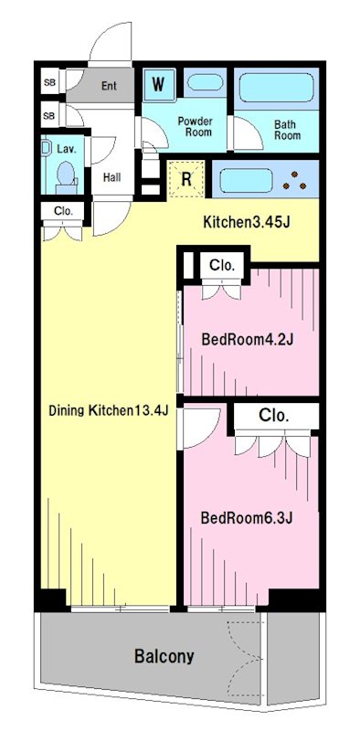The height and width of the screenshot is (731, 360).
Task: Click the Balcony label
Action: [164, 656]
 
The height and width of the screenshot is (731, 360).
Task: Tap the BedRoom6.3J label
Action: [247, 518]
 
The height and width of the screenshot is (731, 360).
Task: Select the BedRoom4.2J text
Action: [247, 339]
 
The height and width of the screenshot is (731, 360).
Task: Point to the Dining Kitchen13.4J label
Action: [109, 410]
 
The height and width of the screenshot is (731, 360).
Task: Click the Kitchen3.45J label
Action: [247, 222]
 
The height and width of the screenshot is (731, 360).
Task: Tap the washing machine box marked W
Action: [159, 84]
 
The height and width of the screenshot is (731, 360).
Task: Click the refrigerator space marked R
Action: [185, 179]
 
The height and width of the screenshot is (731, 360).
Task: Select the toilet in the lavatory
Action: [66, 176]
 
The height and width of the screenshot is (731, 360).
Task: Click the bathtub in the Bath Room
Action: [277, 88]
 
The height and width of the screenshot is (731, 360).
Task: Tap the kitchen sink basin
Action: [246, 180]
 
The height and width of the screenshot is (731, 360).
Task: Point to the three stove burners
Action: [295, 181]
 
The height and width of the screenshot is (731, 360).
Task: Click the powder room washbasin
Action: [205, 82]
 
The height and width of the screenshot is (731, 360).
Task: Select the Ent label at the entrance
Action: [109, 86]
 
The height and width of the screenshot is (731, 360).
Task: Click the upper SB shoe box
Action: [49, 82]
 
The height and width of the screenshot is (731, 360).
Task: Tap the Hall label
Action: [111, 177]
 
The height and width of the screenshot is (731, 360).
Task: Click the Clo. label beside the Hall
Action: [63, 211]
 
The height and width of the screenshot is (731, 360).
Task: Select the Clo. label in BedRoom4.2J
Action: [221, 266]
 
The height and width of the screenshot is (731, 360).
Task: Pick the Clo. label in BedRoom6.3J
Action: [274, 415]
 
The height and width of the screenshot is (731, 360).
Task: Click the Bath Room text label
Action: [287, 131]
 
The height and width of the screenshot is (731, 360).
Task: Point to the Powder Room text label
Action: [195, 127]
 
